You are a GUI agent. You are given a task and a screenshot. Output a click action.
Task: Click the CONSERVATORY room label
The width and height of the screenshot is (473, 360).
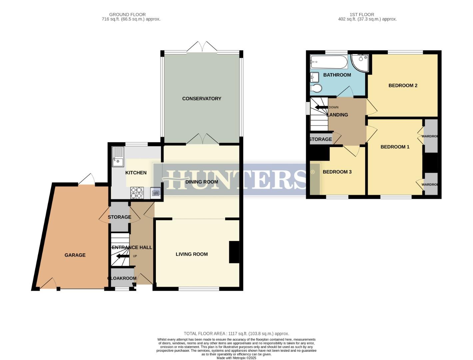(x=202, y=99)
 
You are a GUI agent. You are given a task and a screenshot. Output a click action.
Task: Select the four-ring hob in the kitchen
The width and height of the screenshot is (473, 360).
(x=137, y=193)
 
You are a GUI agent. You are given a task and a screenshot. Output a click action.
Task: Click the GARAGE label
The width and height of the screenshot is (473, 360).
(x=75, y=255)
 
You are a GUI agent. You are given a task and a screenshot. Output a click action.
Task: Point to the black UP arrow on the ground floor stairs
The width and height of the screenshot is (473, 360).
(x=118, y=256)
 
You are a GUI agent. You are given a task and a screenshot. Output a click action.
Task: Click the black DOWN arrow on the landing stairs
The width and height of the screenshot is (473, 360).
(x=321, y=107)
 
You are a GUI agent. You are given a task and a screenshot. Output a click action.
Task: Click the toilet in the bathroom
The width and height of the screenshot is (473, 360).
(x=316, y=88)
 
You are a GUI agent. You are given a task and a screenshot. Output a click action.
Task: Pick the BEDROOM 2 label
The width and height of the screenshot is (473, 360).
(x=403, y=86)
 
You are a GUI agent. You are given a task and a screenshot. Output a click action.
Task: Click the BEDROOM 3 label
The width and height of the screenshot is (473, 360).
(x=337, y=172)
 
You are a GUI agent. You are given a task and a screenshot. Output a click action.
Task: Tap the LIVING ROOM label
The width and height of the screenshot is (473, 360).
(x=192, y=254)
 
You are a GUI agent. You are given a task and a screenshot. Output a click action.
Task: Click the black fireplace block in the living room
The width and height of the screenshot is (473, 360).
(x=234, y=252)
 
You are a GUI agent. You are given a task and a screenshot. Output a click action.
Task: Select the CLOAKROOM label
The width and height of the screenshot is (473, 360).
(x=122, y=278)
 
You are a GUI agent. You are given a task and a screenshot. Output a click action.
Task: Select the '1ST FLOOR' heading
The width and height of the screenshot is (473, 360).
(x=362, y=15)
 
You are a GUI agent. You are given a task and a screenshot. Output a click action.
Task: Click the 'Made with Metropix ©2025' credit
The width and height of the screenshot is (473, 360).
(x=236, y=358)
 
